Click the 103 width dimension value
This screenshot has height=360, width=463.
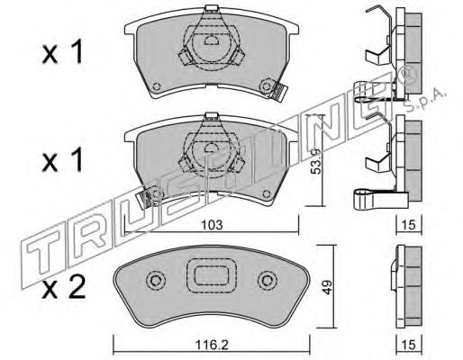point(212,225)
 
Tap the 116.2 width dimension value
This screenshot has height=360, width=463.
point(212,345)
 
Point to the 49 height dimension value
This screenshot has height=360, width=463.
point(327,286)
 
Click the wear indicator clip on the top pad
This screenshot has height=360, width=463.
point(278,90)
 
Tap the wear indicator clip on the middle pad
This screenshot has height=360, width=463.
point(145,199)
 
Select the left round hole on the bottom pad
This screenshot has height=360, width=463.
point(156,281)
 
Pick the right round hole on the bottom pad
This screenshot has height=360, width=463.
point(267,281)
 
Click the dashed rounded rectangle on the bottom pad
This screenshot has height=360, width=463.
point(212,275)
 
